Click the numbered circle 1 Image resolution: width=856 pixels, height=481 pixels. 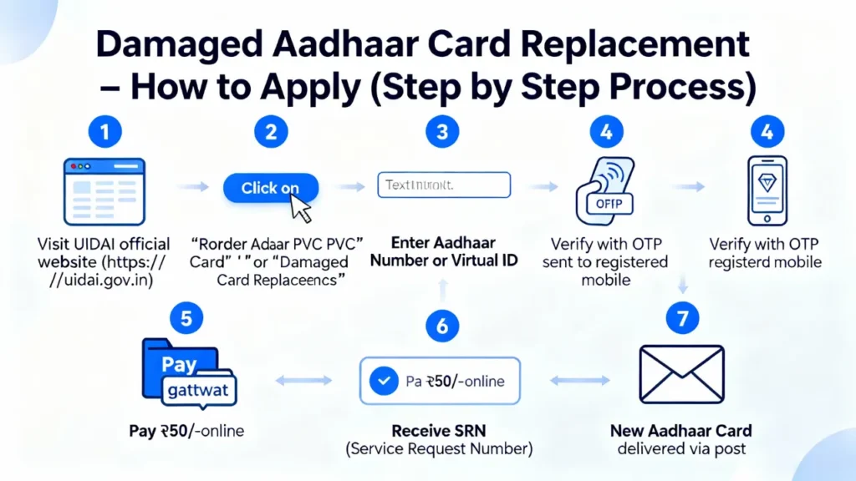104,131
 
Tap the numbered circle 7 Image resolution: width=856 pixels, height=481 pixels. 684,319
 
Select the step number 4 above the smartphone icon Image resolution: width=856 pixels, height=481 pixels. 767,131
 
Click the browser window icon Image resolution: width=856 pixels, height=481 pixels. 104,190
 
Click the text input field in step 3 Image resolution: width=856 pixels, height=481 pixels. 443,185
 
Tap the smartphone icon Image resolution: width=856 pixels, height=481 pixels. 766,190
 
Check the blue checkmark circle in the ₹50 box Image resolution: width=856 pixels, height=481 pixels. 383,382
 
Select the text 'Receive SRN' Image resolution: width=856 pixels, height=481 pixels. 439,431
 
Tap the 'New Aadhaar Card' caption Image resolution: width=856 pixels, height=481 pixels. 680,431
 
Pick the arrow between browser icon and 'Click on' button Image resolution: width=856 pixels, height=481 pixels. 193,188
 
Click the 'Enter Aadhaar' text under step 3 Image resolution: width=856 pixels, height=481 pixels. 443,243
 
